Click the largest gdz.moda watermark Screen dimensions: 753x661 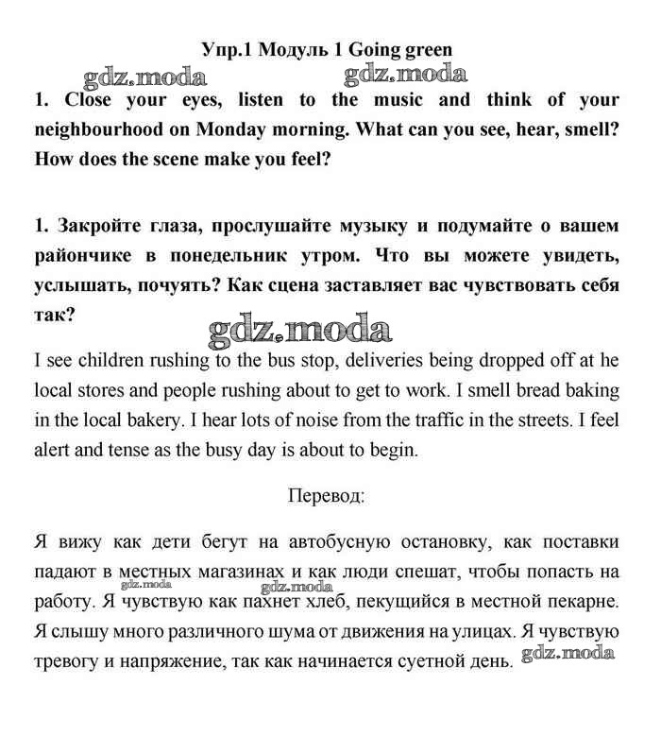[298, 330]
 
